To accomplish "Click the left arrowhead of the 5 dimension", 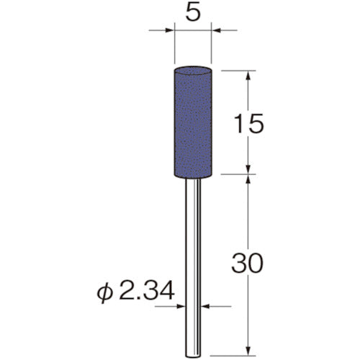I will click(x=169, y=31).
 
